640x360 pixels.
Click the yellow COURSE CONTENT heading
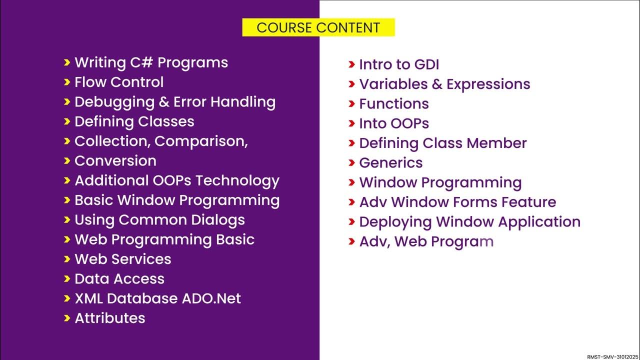(x=318, y=27)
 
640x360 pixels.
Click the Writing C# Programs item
(x=151, y=62)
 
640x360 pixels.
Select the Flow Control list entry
(x=119, y=82)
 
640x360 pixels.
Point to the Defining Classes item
(x=134, y=121)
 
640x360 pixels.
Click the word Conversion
(x=115, y=161)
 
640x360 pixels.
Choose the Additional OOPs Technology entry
(x=176, y=180)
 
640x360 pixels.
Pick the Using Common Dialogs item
(x=159, y=220)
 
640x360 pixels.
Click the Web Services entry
(x=122, y=259)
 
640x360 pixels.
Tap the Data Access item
(x=119, y=279)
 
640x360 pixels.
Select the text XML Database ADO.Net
(x=157, y=298)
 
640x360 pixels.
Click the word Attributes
(x=109, y=318)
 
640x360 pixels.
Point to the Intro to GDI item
(x=398, y=64)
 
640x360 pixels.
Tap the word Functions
(x=393, y=104)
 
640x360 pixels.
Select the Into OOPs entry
(x=393, y=123)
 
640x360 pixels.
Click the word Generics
(x=390, y=163)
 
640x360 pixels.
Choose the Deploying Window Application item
(x=469, y=222)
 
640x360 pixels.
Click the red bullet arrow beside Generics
(x=351, y=163)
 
